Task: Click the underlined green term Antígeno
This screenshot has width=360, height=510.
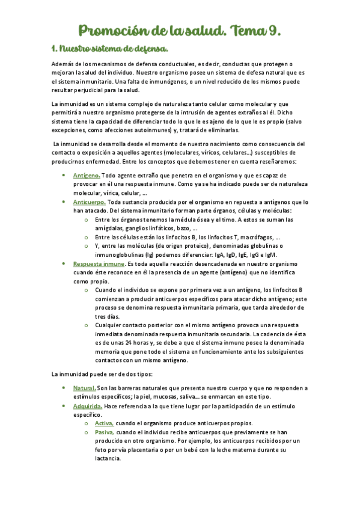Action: click(x=86, y=175)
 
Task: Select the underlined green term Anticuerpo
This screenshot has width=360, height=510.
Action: click(x=89, y=202)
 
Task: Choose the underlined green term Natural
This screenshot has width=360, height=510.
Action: click(x=84, y=388)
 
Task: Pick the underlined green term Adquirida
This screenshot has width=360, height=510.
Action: click(x=88, y=406)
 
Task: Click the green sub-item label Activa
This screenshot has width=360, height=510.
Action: click(x=104, y=423)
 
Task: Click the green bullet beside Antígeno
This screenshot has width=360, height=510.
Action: click(x=64, y=175)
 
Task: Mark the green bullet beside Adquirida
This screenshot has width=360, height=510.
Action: click(x=64, y=406)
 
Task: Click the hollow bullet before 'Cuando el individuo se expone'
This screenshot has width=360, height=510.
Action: click(x=89, y=290)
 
